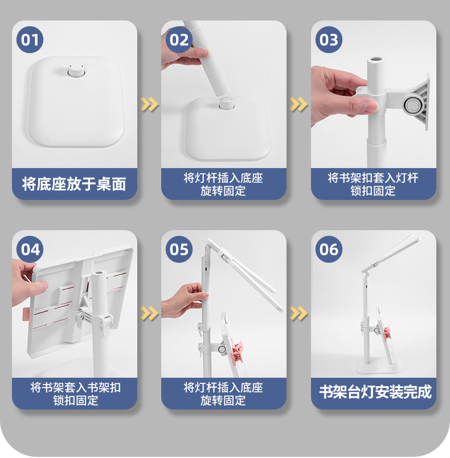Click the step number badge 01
(30, 40)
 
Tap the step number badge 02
(179, 40)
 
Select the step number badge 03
(329, 40)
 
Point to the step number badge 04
(30, 249)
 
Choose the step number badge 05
(179, 249)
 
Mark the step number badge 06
(329, 249)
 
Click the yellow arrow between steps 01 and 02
(149, 104)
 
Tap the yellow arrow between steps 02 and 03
(298, 104)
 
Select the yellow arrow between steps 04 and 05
(149, 313)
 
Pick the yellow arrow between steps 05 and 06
(298, 313)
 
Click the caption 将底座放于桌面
(74, 184)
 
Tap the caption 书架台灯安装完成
(375, 392)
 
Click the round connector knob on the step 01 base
(76, 71)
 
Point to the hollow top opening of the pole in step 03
(376, 59)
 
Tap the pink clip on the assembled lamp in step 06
(387, 333)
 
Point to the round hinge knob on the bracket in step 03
(412, 104)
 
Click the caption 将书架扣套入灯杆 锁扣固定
(373, 185)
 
